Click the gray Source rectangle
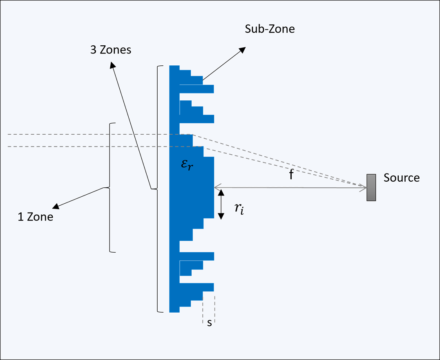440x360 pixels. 371,187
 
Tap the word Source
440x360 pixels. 401,178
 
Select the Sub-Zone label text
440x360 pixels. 270,29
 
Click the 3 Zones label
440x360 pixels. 111,50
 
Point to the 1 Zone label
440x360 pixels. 35,216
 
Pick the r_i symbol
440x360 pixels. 239,209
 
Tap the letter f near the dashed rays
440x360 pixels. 291,176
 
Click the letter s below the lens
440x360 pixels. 209,323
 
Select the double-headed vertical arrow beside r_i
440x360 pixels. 221,204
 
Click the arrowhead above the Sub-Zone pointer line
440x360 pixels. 242,49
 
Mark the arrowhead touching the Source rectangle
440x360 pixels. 363,188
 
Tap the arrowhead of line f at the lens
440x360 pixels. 217,188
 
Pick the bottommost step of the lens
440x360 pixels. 174,310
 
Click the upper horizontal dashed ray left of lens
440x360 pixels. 82,134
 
